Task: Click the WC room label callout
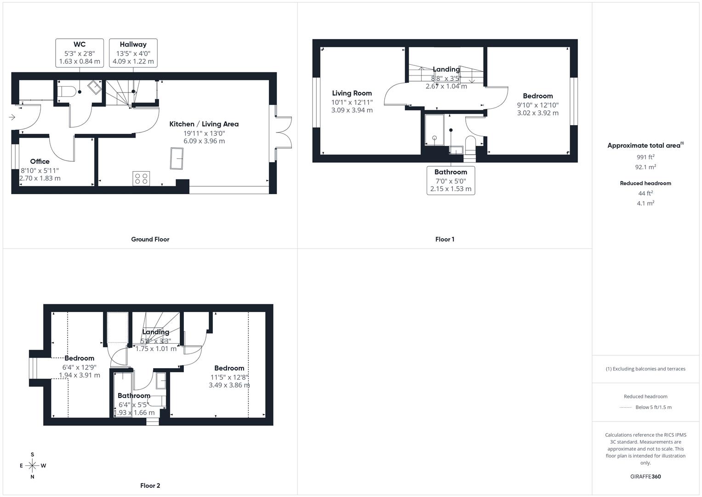point(79,52)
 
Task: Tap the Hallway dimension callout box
point(133,52)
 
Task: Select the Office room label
point(40,162)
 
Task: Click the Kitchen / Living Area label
point(204,124)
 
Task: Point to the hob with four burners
point(141,178)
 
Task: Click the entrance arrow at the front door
point(12,117)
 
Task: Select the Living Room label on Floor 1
point(352,93)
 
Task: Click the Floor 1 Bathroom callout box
point(451,180)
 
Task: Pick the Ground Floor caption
point(150,239)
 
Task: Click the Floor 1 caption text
point(445,239)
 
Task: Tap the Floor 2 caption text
point(150,485)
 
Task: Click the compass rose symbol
point(32,466)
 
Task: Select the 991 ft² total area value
point(645,157)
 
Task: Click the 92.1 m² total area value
point(645,167)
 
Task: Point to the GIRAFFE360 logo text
point(645,477)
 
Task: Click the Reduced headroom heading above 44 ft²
point(645,183)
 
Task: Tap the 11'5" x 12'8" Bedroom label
point(229,368)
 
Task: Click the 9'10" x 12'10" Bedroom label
point(537,96)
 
